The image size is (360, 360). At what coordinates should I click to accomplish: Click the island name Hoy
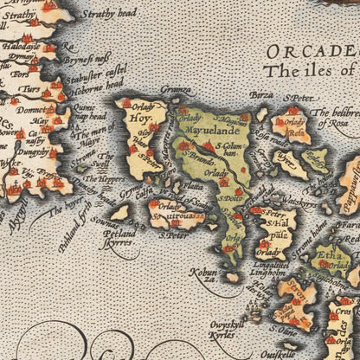(138, 123)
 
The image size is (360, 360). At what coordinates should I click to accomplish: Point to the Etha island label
(328, 257)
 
